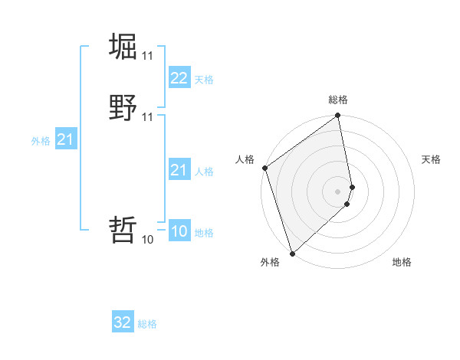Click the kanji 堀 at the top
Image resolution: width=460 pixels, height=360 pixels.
[123, 46]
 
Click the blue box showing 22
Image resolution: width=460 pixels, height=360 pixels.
[179, 78]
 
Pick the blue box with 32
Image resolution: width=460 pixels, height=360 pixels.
[123, 322]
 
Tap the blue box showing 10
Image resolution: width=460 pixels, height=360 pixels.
[179, 231]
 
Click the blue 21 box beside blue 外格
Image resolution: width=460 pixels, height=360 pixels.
[65, 139]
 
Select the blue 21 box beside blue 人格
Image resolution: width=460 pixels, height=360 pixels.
[179, 170]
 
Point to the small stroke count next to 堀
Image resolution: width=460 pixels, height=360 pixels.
[147, 56]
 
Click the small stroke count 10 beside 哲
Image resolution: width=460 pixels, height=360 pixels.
[147, 239]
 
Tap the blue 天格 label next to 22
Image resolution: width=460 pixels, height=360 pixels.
[204, 80]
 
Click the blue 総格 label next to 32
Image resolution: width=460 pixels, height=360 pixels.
[147, 324]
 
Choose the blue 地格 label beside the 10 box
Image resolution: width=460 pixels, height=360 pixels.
[204, 233]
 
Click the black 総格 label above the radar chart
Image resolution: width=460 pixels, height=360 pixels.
[338, 100]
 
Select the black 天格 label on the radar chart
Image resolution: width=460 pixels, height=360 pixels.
[431, 159]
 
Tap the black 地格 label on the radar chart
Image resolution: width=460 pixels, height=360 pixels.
[402, 262]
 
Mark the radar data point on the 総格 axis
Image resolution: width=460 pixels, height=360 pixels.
[338, 117]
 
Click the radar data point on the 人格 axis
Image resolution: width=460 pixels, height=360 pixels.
[265, 168]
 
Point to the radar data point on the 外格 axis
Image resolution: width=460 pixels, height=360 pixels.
[292, 253]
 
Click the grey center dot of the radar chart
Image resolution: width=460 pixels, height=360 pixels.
[338, 191]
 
